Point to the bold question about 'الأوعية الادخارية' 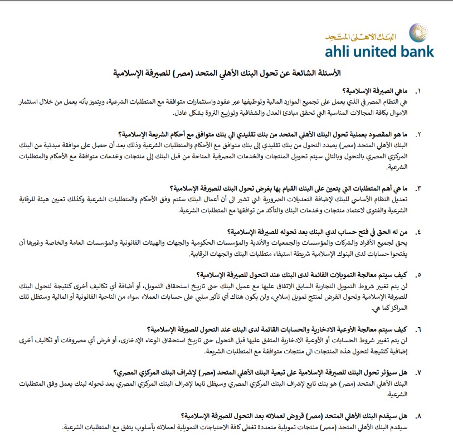pyautogui.click(x=278, y=328)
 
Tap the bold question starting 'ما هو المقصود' pyautogui.click(x=265, y=135)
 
